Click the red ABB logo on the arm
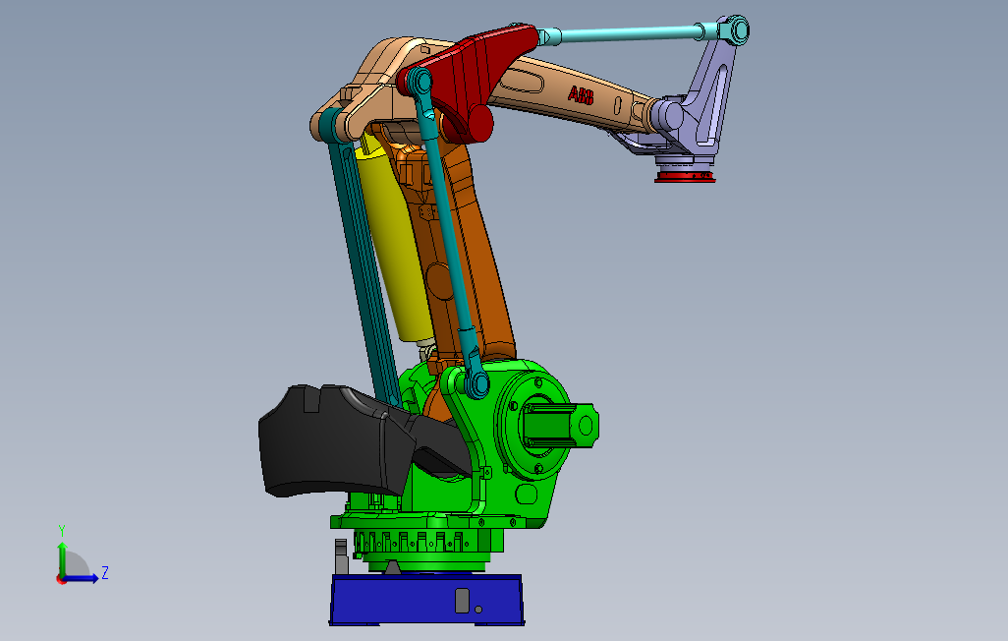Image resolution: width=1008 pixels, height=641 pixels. [581, 96]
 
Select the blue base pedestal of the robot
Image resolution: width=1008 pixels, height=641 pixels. [426, 600]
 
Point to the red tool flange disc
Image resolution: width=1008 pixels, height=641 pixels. [686, 176]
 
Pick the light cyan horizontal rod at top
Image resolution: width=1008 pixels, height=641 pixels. [624, 34]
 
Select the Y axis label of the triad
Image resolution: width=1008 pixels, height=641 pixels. [62, 531]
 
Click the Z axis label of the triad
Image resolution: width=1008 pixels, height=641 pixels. [105, 572]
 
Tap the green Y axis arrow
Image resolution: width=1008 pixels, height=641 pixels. [62, 560]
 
